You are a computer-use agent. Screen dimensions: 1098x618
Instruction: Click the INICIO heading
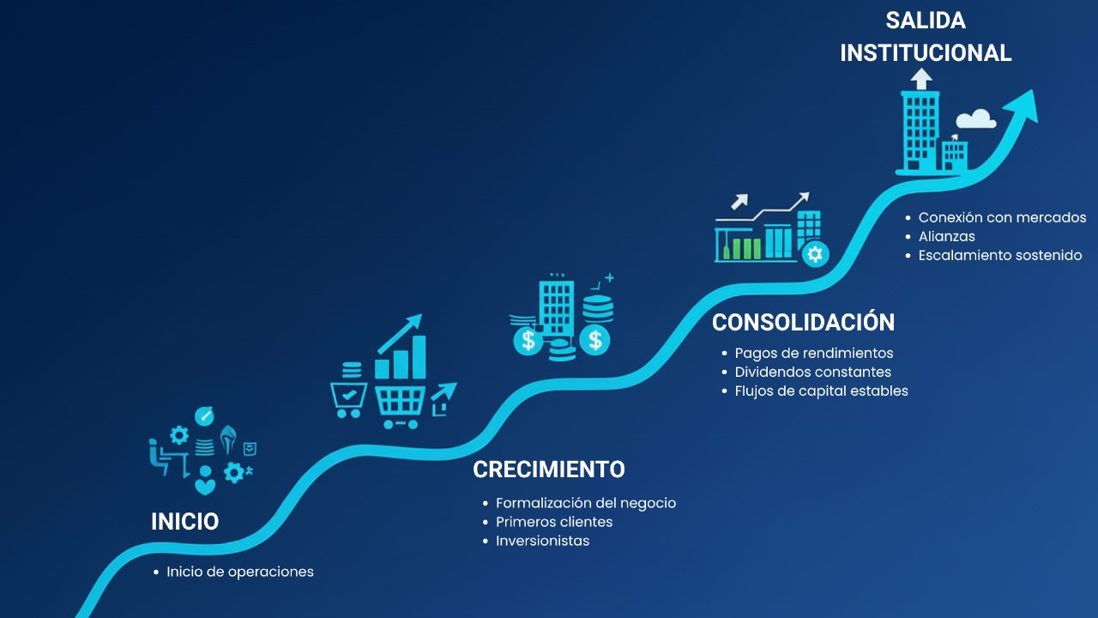pyautogui.click(x=184, y=521)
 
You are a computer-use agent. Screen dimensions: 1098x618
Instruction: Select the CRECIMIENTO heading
pyautogui.click(x=549, y=470)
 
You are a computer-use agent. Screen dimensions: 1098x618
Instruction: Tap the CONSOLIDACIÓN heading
pyautogui.click(x=804, y=321)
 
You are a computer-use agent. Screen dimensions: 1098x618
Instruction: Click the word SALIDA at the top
pyautogui.click(x=926, y=21)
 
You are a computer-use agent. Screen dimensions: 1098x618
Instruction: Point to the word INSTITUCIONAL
pyautogui.click(x=926, y=53)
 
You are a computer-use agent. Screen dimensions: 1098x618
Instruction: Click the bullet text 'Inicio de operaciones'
pyautogui.click(x=240, y=572)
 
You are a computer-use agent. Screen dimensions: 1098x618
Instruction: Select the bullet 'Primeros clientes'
pyautogui.click(x=554, y=522)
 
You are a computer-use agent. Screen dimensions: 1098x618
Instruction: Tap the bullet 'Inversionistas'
pyautogui.click(x=543, y=541)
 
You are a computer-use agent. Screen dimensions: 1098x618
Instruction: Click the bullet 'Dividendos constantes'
pyautogui.click(x=812, y=373)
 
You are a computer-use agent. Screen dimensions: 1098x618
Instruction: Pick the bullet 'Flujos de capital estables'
pyautogui.click(x=822, y=391)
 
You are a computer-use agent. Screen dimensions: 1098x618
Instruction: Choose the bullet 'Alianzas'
pyautogui.click(x=946, y=236)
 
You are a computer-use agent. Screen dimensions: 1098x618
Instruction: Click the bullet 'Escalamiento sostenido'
pyautogui.click(x=1000, y=256)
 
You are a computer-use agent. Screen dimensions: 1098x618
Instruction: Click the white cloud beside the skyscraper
pyautogui.click(x=976, y=119)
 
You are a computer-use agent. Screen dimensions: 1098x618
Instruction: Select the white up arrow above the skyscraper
pyautogui.click(x=921, y=78)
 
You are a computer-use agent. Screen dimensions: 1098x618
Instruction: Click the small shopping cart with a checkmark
pyautogui.click(x=348, y=400)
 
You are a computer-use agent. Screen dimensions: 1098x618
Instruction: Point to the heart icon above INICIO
pyautogui.click(x=205, y=487)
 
